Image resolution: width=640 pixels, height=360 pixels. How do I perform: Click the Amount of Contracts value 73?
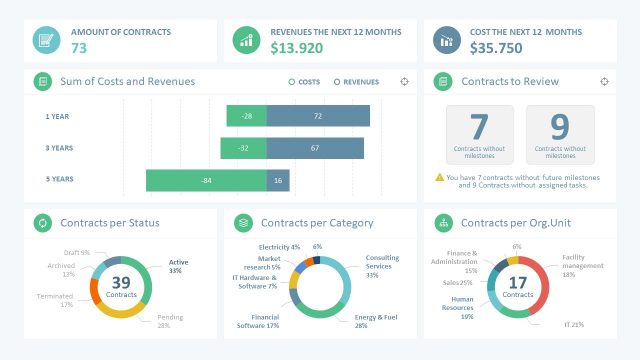tap(79, 48)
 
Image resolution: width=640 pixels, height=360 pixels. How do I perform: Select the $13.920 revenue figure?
tap(297, 48)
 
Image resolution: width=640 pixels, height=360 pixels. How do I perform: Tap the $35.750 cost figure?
tap(497, 48)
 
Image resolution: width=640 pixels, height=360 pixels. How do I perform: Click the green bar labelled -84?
tap(206, 181)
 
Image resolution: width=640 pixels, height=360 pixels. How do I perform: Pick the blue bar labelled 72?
tap(318, 117)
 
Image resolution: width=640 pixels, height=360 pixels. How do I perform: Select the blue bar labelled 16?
tap(278, 181)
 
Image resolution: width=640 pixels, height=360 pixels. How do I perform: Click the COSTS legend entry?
tap(305, 82)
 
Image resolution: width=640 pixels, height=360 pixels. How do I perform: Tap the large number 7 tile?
tap(479, 134)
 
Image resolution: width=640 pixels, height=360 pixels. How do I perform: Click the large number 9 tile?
tap(560, 134)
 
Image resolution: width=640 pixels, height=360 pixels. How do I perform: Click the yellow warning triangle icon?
tap(440, 177)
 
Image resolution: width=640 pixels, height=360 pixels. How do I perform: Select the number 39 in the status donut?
tap(120, 281)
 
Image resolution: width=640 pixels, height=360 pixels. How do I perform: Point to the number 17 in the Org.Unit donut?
tap(517, 281)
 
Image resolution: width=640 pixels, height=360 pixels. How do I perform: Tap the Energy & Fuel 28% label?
tap(375, 321)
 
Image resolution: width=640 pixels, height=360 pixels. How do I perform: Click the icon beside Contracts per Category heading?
tap(243, 222)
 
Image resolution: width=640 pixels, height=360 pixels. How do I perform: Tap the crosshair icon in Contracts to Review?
tap(605, 82)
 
